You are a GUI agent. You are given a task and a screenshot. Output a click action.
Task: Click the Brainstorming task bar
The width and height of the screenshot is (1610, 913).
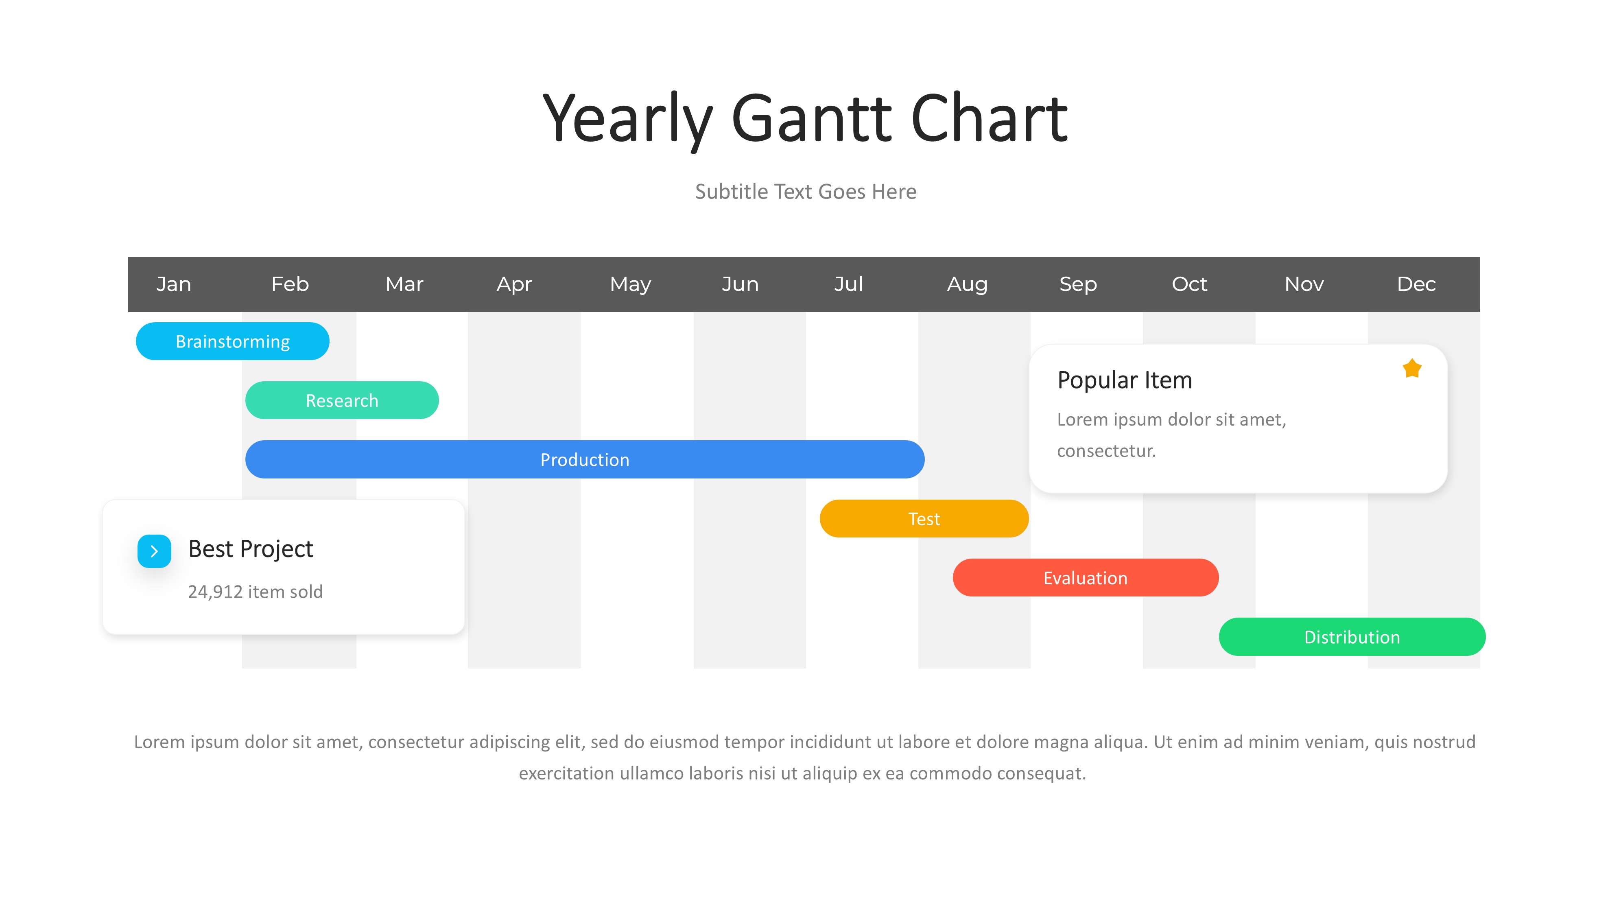click(x=233, y=341)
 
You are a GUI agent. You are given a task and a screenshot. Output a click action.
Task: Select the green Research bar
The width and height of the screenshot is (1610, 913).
click(x=342, y=400)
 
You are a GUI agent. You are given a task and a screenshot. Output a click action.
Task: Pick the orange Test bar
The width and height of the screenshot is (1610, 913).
click(x=924, y=519)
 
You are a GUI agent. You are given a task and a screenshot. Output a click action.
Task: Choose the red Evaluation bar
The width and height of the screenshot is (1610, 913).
click(x=1085, y=577)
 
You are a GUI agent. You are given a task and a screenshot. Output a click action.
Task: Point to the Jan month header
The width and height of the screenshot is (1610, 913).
click(x=174, y=284)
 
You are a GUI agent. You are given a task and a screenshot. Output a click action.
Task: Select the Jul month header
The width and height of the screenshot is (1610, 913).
click(x=849, y=284)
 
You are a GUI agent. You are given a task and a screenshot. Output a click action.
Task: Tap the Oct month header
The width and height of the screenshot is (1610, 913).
click(x=1189, y=284)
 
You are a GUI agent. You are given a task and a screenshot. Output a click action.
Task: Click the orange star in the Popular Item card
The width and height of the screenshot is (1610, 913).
click(x=1412, y=368)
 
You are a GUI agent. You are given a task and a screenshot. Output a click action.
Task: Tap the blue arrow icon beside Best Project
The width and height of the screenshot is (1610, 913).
click(x=154, y=551)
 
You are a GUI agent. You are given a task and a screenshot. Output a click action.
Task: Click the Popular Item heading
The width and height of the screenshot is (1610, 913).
click(x=1125, y=380)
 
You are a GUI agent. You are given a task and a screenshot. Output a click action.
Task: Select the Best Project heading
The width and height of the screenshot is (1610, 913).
click(x=250, y=549)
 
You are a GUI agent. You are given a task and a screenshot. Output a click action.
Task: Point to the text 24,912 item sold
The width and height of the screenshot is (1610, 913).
click(x=255, y=591)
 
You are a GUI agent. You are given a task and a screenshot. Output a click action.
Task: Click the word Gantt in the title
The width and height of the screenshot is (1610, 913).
click(x=812, y=118)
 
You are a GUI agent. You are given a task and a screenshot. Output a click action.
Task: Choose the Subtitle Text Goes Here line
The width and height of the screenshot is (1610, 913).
click(x=806, y=191)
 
